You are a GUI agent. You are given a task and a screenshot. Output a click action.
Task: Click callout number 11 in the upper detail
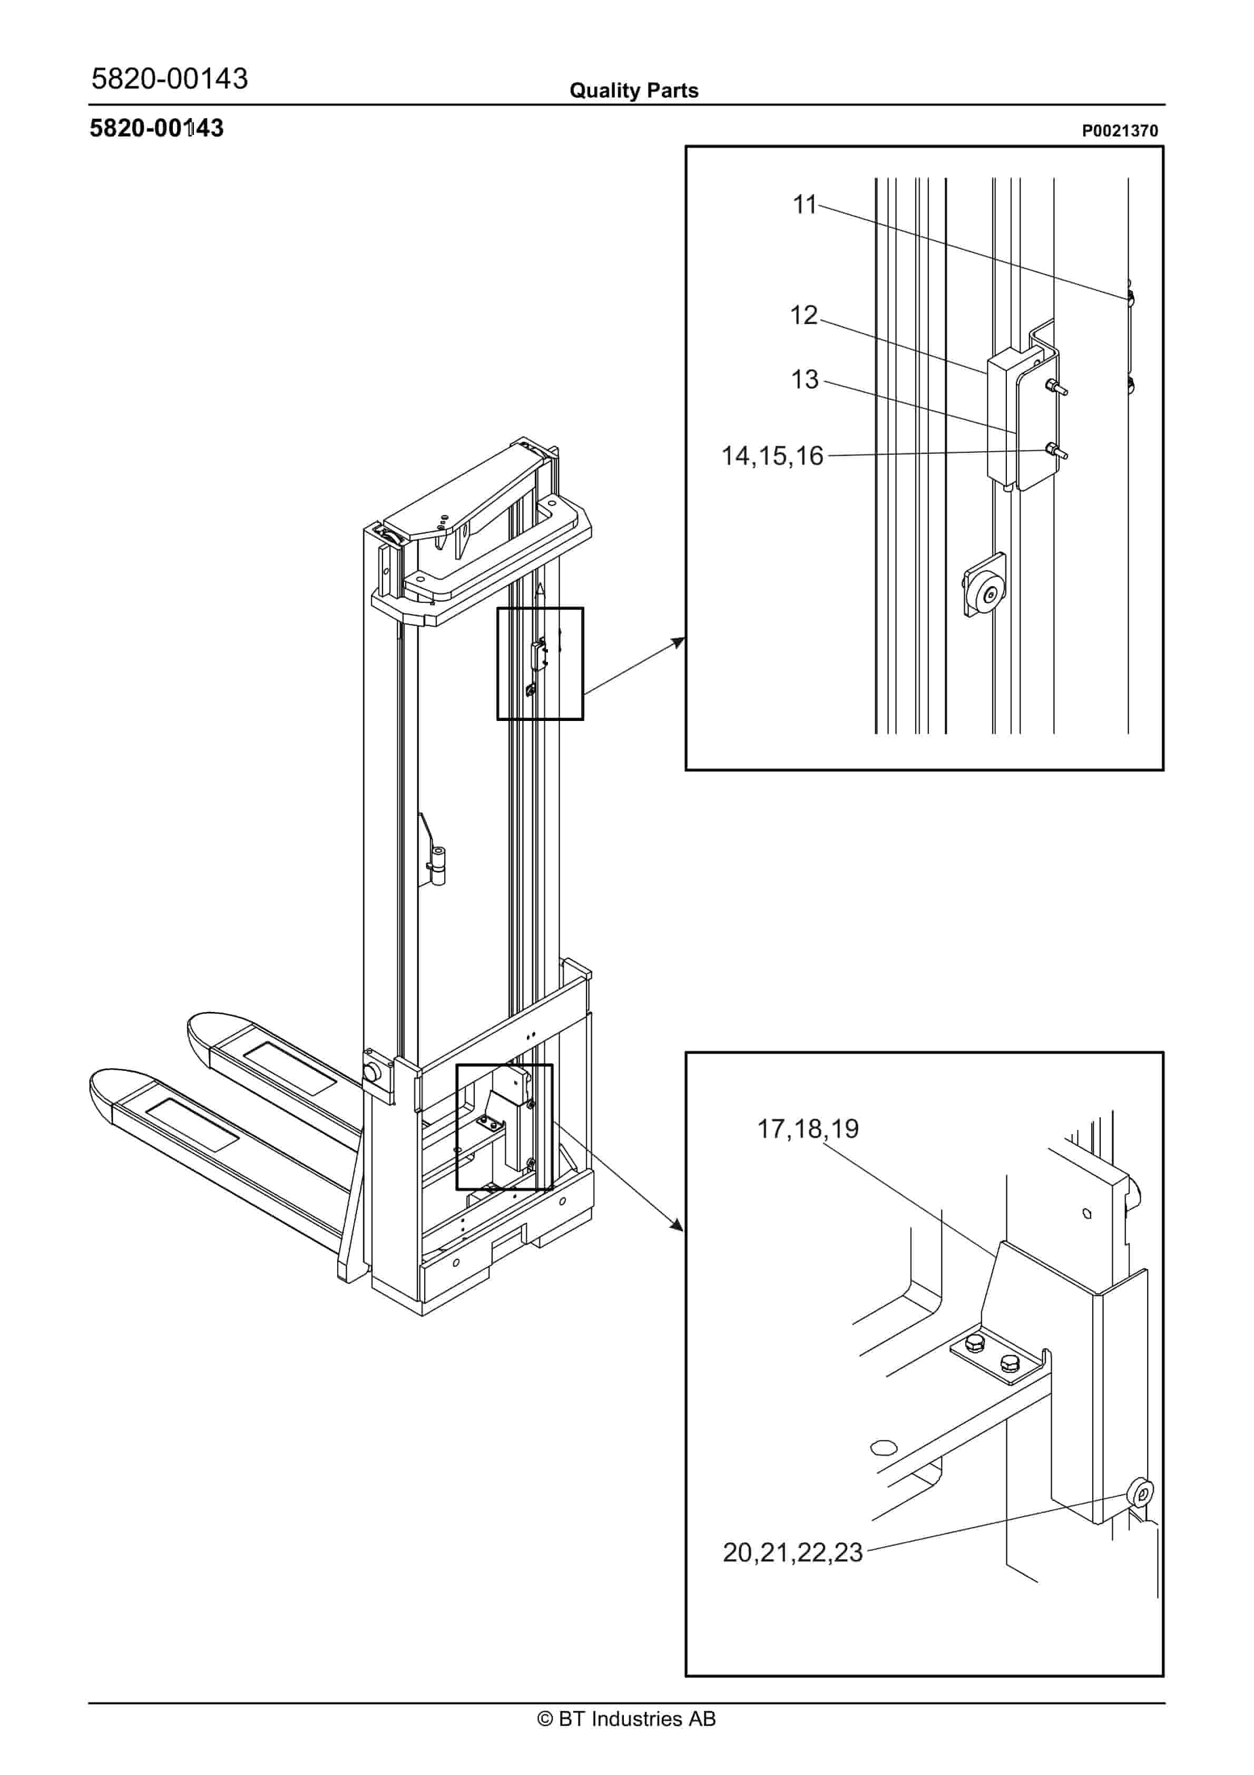click(804, 205)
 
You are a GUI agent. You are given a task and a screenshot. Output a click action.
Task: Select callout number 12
click(804, 315)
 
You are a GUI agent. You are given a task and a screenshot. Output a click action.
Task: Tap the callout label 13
click(804, 379)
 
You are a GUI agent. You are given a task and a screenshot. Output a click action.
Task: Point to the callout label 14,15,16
click(771, 456)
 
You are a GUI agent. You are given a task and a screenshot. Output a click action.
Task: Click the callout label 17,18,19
click(807, 1129)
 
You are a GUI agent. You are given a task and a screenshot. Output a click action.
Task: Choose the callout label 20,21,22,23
click(792, 1553)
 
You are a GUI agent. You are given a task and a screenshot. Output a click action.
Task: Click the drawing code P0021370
click(1119, 131)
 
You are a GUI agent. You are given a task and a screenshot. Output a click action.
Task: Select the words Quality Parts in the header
click(633, 91)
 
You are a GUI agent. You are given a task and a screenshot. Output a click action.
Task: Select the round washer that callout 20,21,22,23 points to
click(1141, 1492)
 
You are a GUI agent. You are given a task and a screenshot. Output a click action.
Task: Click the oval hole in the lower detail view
click(883, 1447)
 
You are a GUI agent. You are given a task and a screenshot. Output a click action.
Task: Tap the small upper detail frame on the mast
click(540, 664)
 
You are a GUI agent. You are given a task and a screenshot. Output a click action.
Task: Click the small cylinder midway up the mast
click(438, 866)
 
